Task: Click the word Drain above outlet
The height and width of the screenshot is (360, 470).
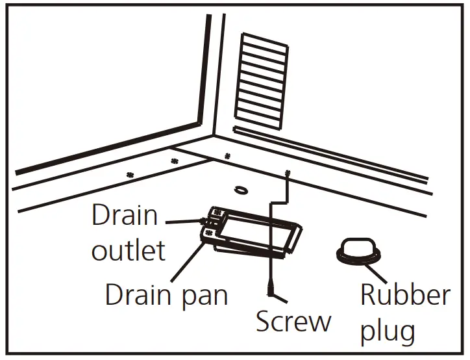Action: tap(125, 215)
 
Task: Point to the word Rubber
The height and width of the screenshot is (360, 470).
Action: tap(405, 295)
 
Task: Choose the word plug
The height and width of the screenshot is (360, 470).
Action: tap(388, 331)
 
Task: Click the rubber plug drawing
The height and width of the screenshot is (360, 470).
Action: tap(358, 251)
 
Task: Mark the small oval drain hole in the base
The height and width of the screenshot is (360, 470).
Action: tap(241, 190)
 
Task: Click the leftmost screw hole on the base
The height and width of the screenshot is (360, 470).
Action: tap(130, 174)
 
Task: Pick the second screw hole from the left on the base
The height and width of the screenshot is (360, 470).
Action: tap(173, 161)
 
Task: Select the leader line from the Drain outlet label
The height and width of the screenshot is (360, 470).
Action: tap(185, 222)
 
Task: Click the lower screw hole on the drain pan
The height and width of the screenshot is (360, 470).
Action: tap(210, 231)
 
